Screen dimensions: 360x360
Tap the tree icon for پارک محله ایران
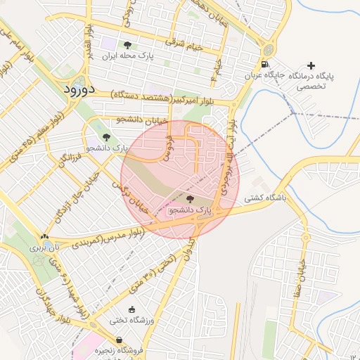pyautogui.click(x=127, y=45)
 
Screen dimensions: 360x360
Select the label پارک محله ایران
pyautogui.click(x=127, y=55)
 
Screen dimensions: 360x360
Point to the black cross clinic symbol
pyautogui.click(x=311, y=65)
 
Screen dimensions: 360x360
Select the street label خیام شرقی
pyautogui.click(x=183, y=41)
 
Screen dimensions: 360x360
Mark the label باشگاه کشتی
pyautogui.click(x=266, y=198)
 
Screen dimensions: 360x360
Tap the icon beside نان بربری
pyautogui.click(x=45, y=237)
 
